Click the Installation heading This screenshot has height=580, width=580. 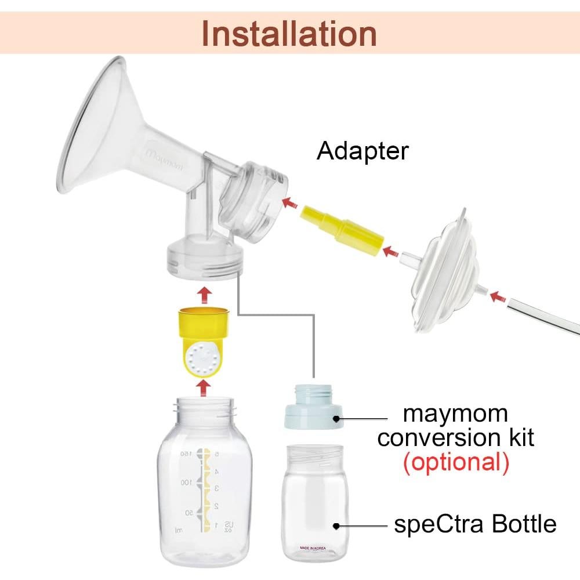(289, 34)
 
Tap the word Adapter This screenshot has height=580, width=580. (362, 151)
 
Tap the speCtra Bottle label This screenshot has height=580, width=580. (475, 524)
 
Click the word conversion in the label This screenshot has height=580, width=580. (455, 438)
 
